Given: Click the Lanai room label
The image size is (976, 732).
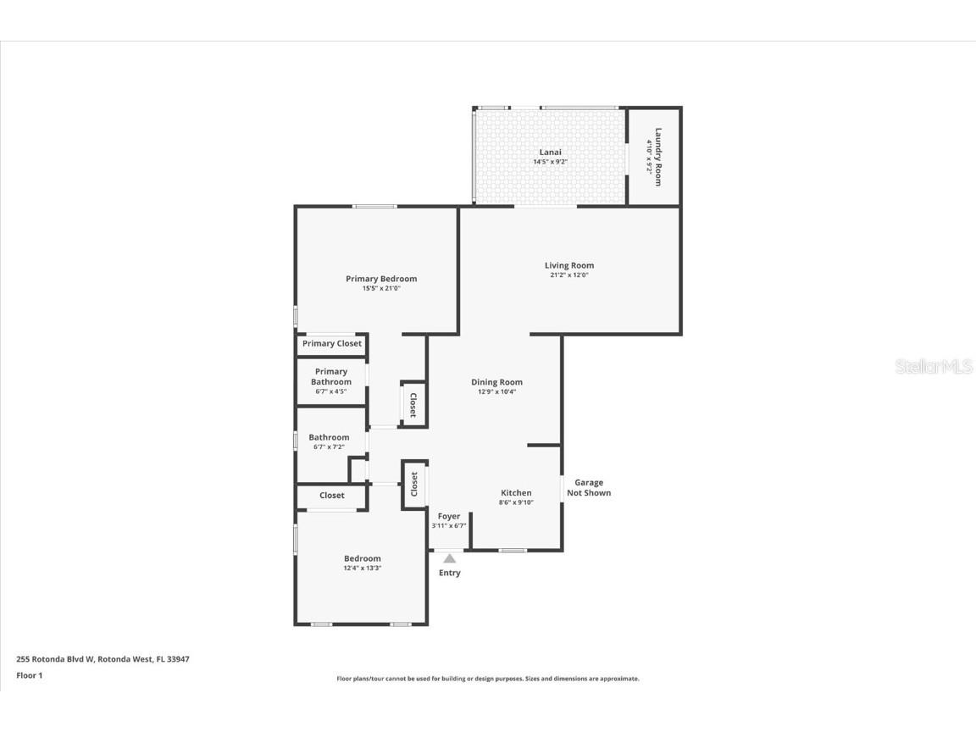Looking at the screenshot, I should click(550, 152).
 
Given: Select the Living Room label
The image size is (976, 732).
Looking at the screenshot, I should click(569, 265).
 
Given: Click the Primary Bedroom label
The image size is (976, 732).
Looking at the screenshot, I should click(381, 279).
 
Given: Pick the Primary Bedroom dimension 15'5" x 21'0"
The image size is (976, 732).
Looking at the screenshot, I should click(381, 289).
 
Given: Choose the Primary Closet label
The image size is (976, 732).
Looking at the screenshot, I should click(332, 344).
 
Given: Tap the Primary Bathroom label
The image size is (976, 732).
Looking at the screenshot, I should click(331, 377).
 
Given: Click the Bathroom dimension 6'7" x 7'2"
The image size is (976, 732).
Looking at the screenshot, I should click(329, 447).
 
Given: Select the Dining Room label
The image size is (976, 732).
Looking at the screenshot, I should click(496, 382).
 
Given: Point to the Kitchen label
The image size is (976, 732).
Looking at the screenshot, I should click(516, 493).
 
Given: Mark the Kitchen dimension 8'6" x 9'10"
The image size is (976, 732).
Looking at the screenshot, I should click(516, 503).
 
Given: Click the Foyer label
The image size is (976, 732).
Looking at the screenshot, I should click(449, 516).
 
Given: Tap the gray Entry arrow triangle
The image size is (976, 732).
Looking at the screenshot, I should click(450, 558).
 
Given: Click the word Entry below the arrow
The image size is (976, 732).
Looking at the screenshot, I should click(450, 574).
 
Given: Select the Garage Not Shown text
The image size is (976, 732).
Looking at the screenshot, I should click(589, 488).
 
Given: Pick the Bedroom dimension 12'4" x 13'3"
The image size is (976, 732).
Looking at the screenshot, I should click(362, 568).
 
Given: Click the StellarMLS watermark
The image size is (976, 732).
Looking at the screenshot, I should click(934, 367).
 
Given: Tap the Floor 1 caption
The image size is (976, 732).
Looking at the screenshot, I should click(29, 675).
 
